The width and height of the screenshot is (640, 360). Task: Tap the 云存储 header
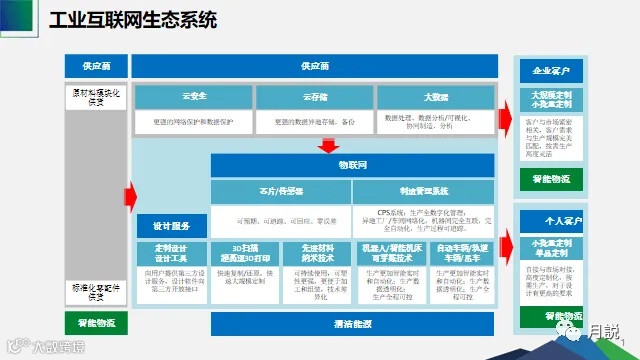(314, 97)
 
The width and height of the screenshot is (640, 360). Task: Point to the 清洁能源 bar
(352, 324)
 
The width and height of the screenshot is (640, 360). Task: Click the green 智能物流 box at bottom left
(96, 323)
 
